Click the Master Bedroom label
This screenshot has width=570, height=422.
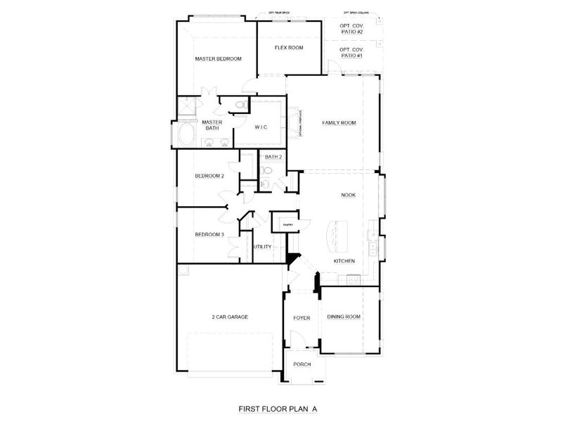pyautogui.click(x=218, y=59)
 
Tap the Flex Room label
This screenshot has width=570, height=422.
pyautogui.click(x=288, y=48)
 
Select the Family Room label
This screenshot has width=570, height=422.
pyautogui.click(x=339, y=123)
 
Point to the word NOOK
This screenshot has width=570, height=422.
pyautogui.click(x=348, y=196)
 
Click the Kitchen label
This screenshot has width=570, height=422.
pyautogui.click(x=344, y=261)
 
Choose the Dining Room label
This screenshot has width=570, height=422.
pyautogui.click(x=344, y=316)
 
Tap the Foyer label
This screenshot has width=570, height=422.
pyautogui.click(x=302, y=318)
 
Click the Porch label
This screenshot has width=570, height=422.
pyautogui.click(x=302, y=364)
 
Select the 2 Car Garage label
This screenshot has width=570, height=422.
pyautogui.click(x=230, y=316)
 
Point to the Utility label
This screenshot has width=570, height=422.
pyautogui.click(x=262, y=247)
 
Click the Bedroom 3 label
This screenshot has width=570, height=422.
pyautogui.click(x=209, y=234)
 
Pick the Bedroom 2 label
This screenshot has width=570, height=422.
pyautogui.click(x=209, y=176)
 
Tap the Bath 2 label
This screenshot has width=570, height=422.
pyautogui.click(x=273, y=157)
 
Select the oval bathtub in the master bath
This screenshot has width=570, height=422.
pyautogui.click(x=186, y=134)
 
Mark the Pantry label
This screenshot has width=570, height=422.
pyautogui.click(x=287, y=225)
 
